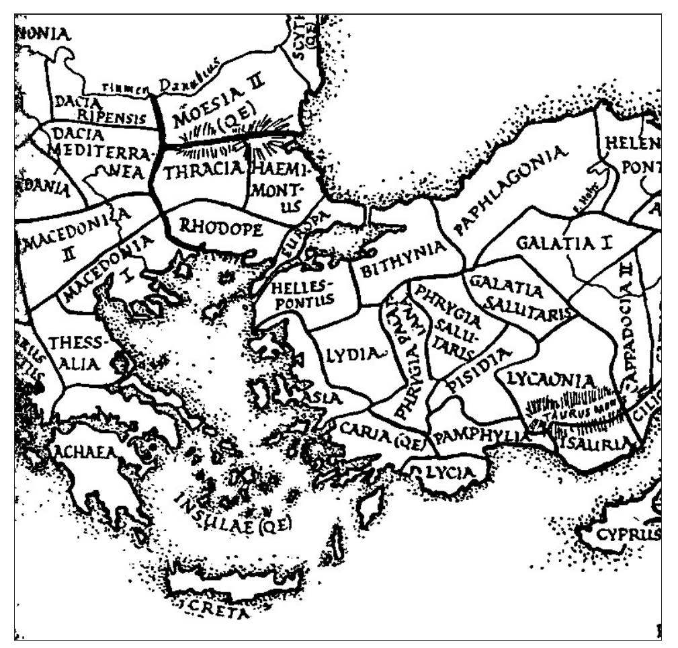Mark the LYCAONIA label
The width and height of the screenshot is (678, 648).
coord(551,380)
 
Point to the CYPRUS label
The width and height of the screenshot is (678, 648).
coord(628,536)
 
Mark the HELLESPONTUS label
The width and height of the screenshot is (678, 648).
coord(302,294)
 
